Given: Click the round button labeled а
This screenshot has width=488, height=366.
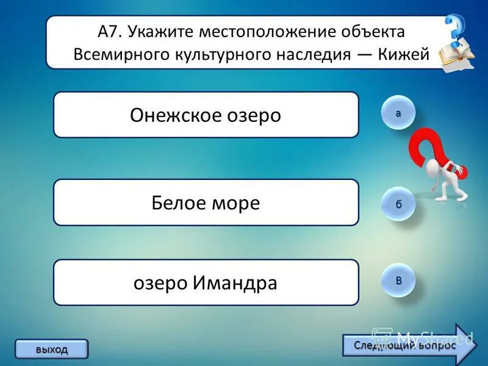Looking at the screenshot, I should [x=398, y=113].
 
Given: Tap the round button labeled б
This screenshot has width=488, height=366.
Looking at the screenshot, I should [x=398, y=204].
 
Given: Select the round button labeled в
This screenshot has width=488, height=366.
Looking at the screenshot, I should [x=398, y=281].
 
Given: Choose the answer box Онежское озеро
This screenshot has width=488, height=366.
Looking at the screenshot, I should [x=206, y=115].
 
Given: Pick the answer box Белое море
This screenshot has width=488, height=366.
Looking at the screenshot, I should [x=206, y=203].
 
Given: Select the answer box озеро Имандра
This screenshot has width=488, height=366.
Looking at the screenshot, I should [x=206, y=282].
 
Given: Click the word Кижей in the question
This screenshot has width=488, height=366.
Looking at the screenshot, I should [x=407, y=54].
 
